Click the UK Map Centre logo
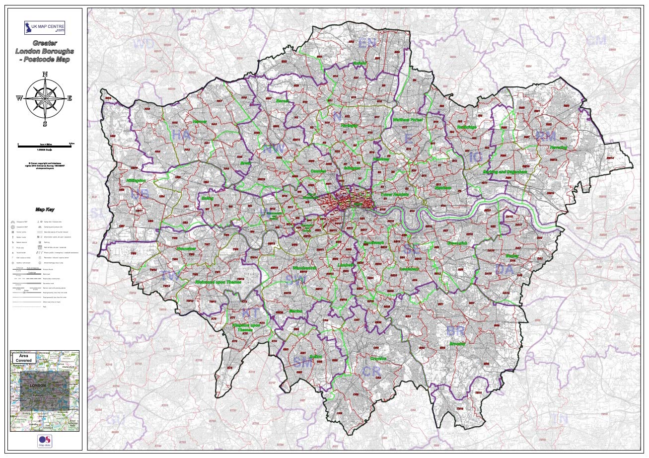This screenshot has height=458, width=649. point(45,27)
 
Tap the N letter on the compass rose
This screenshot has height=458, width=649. point(45,75)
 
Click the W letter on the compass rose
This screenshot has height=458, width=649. point(19,98)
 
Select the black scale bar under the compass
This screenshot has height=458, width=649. point(45,145)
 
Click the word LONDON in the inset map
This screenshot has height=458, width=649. point(38,385)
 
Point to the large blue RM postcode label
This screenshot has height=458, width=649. point(545,136)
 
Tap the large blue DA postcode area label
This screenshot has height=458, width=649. point(505,270)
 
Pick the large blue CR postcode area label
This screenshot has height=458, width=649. point(371,371)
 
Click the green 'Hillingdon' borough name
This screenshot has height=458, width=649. point(136,181)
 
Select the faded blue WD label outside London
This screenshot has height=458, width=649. point(144,44)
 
